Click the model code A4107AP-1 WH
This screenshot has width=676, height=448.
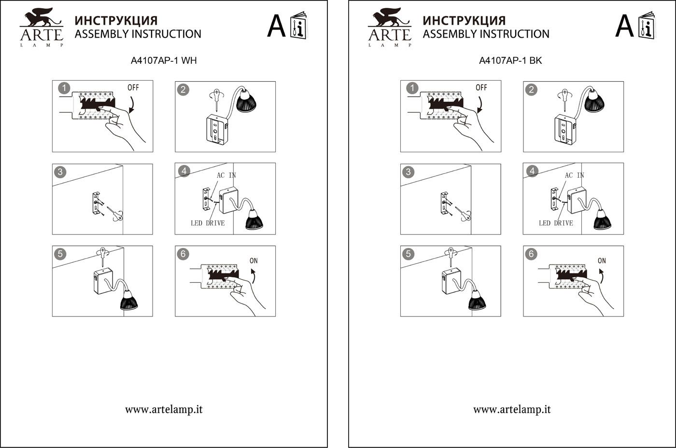pyautogui.click(x=164, y=61)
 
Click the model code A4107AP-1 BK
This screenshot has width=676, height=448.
pyautogui.click(x=510, y=61)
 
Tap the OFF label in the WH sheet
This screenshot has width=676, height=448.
pyautogui.click(x=133, y=87)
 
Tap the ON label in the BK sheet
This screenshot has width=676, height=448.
pyautogui.click(x=602, y=260)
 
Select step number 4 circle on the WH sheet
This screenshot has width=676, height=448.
pyautogui.click(x=183, y=171)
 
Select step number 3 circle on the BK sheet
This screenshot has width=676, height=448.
pyautogui.click(x=408, y=172)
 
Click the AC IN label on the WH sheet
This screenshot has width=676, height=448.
pyautogui.click(x=226, y=175)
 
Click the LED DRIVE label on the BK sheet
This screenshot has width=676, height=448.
pyautogui.click(x=556, y=223)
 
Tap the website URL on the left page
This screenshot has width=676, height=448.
pyautogui.click(x=164, y=409)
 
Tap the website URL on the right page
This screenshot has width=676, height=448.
pyautogui.click(x=512, y=409)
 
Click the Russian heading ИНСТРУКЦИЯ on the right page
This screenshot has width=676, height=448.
pyautogui.click(x=464, y=20)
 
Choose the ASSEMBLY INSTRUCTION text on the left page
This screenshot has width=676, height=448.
pyautogui.click(x=138, y=34)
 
